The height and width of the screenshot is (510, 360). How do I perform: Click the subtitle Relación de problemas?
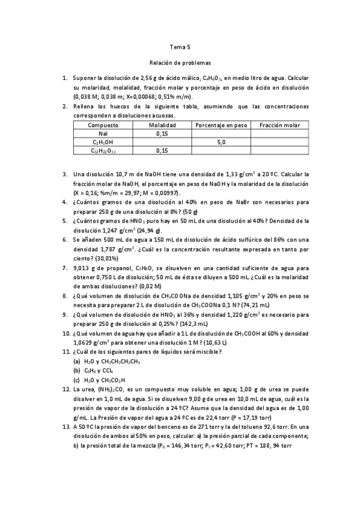click(180, 62)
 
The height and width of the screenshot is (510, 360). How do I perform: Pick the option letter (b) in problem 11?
click(77, 371)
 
